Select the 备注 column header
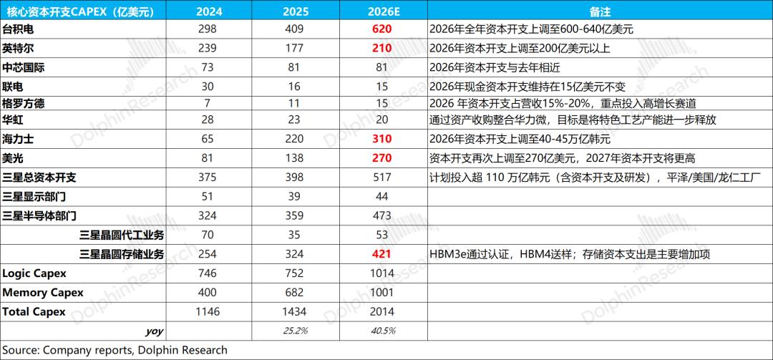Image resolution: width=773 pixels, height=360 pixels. click(x=600, y=10)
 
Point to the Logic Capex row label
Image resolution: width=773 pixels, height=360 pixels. click(x=34, y=273)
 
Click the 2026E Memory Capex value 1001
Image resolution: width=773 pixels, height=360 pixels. click(x=381, y=293)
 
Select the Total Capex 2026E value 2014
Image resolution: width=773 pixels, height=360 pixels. click(x=381, y=311)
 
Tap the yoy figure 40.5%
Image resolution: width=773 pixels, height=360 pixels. click(x=381, y=331)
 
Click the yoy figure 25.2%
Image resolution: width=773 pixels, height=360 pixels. click(x=295, y=331)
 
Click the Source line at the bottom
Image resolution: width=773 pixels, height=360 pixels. click(x=115, y=350)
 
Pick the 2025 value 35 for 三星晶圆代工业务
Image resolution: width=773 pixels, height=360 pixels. click(x=295, y=235)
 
